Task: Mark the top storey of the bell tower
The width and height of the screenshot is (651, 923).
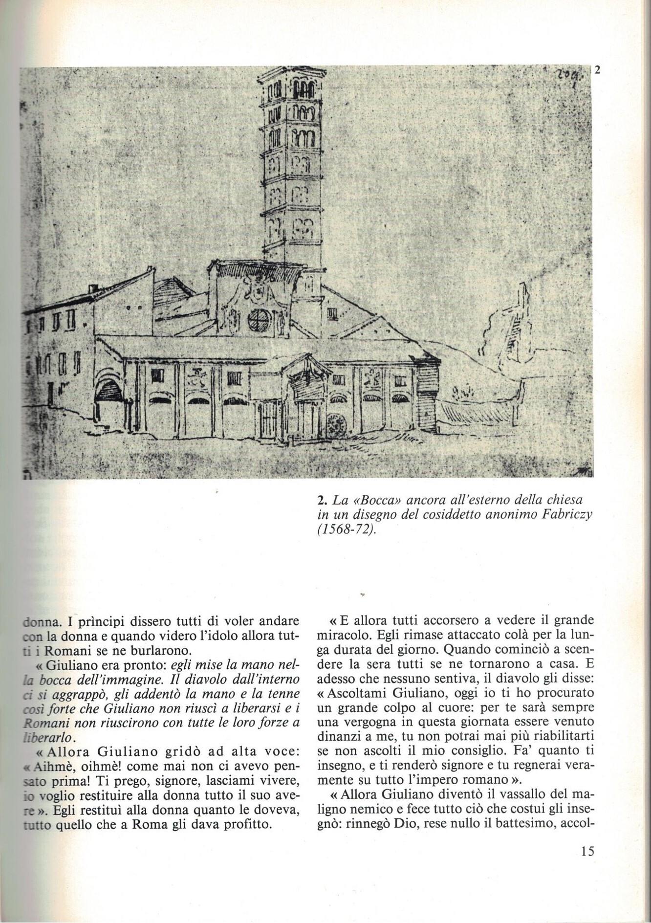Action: tap(292, 89)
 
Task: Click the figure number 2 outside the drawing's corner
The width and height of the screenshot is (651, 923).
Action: tap(597, 69)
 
